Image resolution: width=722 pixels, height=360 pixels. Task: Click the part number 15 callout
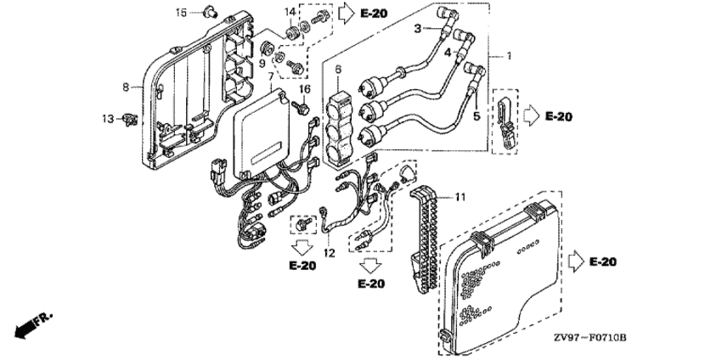point(181,12)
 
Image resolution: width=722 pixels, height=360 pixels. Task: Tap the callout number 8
point(126,87)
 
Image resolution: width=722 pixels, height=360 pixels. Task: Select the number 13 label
point(108,118)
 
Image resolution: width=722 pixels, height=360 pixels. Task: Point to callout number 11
point(460,197)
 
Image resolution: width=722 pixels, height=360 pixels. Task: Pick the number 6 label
point(337,69)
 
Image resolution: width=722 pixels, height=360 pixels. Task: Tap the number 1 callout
point(510,56)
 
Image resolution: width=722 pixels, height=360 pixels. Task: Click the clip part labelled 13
point(130,119)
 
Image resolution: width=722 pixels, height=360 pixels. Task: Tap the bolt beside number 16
point(301,108)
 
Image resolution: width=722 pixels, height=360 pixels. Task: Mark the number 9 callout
point(262,62)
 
